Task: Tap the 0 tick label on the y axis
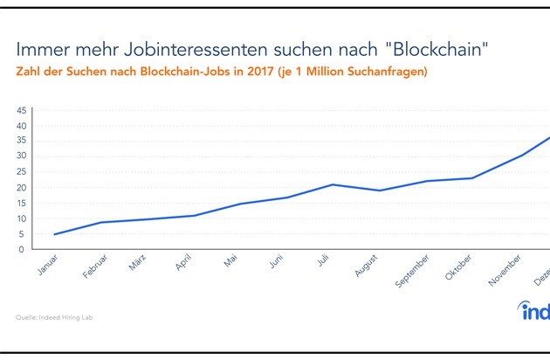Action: click(24, 250)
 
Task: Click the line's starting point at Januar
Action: click(56, 234)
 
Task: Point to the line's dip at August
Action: click(378, 190)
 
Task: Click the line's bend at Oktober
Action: click(472, 178)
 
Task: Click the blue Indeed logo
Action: click(532, 313)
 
